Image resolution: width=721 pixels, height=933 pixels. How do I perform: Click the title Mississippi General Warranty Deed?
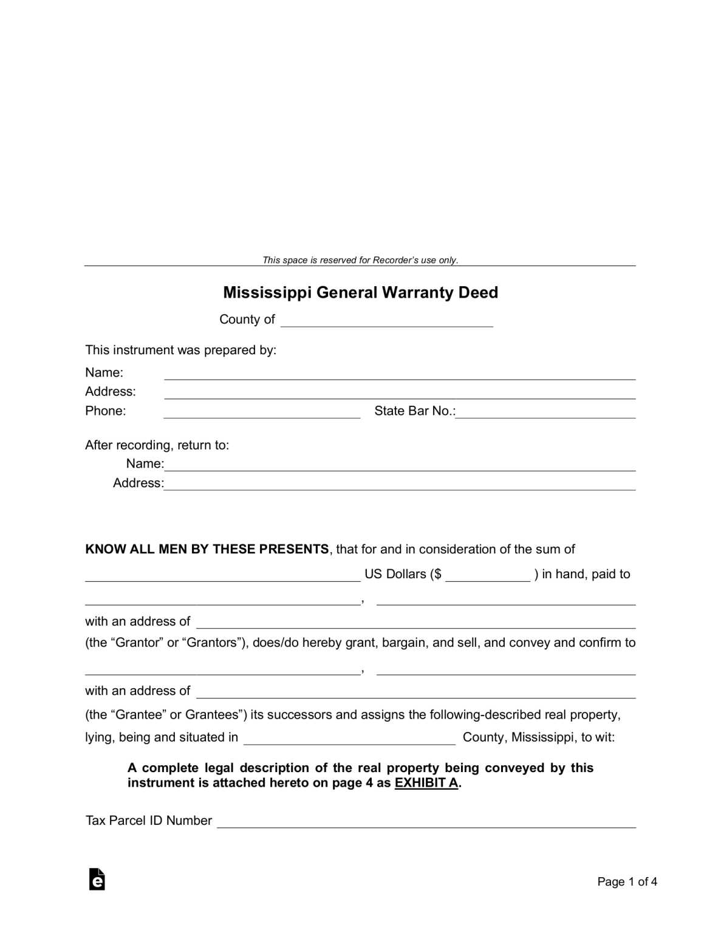pos(360,293)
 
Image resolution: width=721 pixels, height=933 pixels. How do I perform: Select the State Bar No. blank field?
pos(545,412)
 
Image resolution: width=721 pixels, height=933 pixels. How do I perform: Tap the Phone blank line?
pos(262,412)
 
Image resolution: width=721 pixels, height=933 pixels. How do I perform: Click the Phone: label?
pos(105,411)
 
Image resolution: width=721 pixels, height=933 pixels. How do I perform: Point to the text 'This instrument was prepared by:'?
pos(180,350)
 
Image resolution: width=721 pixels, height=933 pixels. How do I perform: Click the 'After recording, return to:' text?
pos(157,445)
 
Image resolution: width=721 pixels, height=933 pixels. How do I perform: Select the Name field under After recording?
pos(400,465)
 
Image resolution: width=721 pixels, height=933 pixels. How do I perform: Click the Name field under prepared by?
pos(400,374)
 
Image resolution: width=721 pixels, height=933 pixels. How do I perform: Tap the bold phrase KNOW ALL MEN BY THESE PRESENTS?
pos(207,549)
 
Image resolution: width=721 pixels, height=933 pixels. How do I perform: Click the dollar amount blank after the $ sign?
pos(488,576)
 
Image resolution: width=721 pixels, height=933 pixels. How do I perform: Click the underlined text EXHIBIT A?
pos(426,783)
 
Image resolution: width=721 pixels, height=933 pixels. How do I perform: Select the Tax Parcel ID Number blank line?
pos(426,822)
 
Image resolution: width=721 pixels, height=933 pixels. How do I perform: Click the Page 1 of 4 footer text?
pos(627,882)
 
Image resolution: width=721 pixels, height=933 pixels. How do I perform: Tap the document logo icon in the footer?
pos(97,880)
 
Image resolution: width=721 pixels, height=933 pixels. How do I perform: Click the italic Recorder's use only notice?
pos(360,261)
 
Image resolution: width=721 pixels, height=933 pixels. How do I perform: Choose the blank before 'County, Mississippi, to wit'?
pos(349,739)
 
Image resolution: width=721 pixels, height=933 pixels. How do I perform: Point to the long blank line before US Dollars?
pos(222,576)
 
